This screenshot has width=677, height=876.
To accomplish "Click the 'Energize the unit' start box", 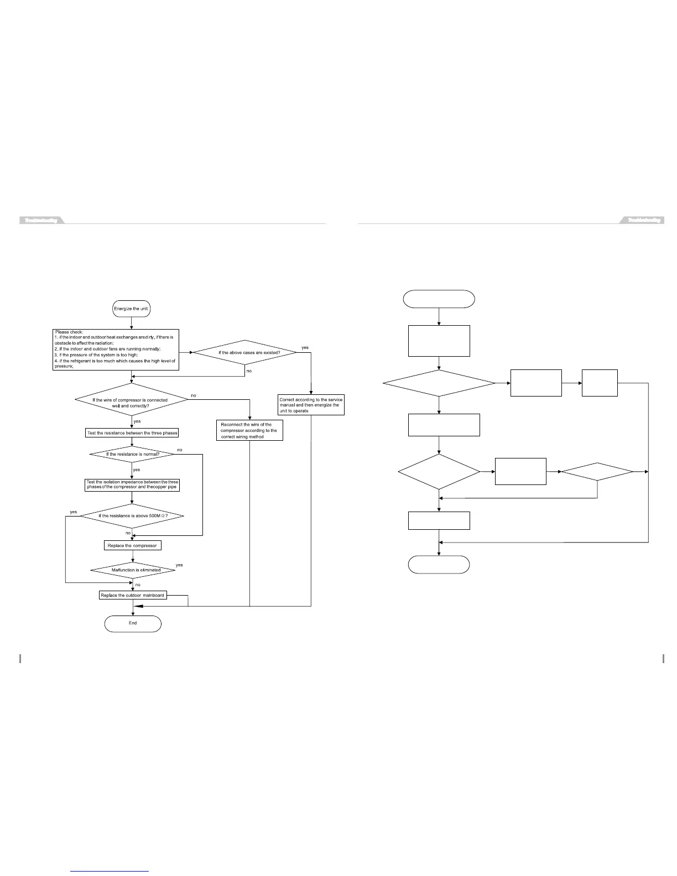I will point(132,309).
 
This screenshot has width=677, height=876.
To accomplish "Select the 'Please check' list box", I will point(116,350).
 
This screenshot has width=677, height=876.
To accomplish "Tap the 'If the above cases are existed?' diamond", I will point(244,353).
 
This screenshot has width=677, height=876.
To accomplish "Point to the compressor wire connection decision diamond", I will point(131,399).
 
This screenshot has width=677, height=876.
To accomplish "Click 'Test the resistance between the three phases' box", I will point(132,433).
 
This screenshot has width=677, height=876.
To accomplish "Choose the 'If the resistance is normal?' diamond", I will point(132,454).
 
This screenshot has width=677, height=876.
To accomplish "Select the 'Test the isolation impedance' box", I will point(132,484).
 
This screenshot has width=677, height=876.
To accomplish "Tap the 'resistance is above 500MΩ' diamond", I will point(132,516).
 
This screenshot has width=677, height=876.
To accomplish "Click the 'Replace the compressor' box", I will point(132,545).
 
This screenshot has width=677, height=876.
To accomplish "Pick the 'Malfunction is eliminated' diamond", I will point(133,570).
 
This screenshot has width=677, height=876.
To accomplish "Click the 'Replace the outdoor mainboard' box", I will point(133,595).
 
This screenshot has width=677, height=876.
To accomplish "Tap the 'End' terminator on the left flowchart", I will point(133,623).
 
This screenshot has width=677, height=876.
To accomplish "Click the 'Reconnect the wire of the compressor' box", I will point(249,430).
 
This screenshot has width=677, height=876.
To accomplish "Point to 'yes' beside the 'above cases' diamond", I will point(305,347).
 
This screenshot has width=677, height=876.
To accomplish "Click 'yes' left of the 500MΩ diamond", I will point(74,512).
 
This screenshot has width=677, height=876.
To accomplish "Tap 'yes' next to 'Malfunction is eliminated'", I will point(179,565).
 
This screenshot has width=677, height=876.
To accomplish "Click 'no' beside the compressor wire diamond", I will point(193,395).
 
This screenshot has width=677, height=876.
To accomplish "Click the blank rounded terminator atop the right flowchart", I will point(439,299).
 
